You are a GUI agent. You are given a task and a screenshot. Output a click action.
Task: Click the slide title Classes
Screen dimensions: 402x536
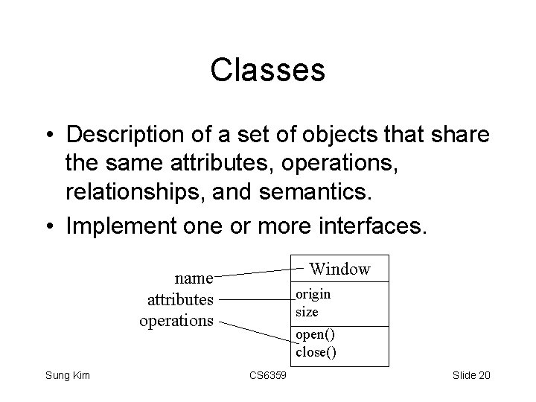tap(267, 71)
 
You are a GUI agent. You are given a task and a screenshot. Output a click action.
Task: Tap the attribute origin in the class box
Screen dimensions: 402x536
tap(313, 294)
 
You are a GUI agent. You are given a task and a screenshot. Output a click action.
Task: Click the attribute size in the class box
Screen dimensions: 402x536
tap(306, 311)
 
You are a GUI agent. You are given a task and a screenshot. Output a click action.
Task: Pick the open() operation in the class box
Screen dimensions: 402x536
tap(316, 335)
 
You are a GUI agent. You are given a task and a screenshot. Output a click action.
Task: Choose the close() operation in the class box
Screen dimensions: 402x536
tap(316, 352)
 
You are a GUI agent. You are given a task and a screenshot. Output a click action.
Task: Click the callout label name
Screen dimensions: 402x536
tap(194, 279)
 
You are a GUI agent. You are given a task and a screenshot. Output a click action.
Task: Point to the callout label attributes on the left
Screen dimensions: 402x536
tap(180, 300)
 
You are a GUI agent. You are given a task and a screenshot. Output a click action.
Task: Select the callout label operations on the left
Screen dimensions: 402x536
tap(176, 321)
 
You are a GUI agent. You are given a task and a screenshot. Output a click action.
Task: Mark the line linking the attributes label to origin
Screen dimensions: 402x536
tap(257, 300)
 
